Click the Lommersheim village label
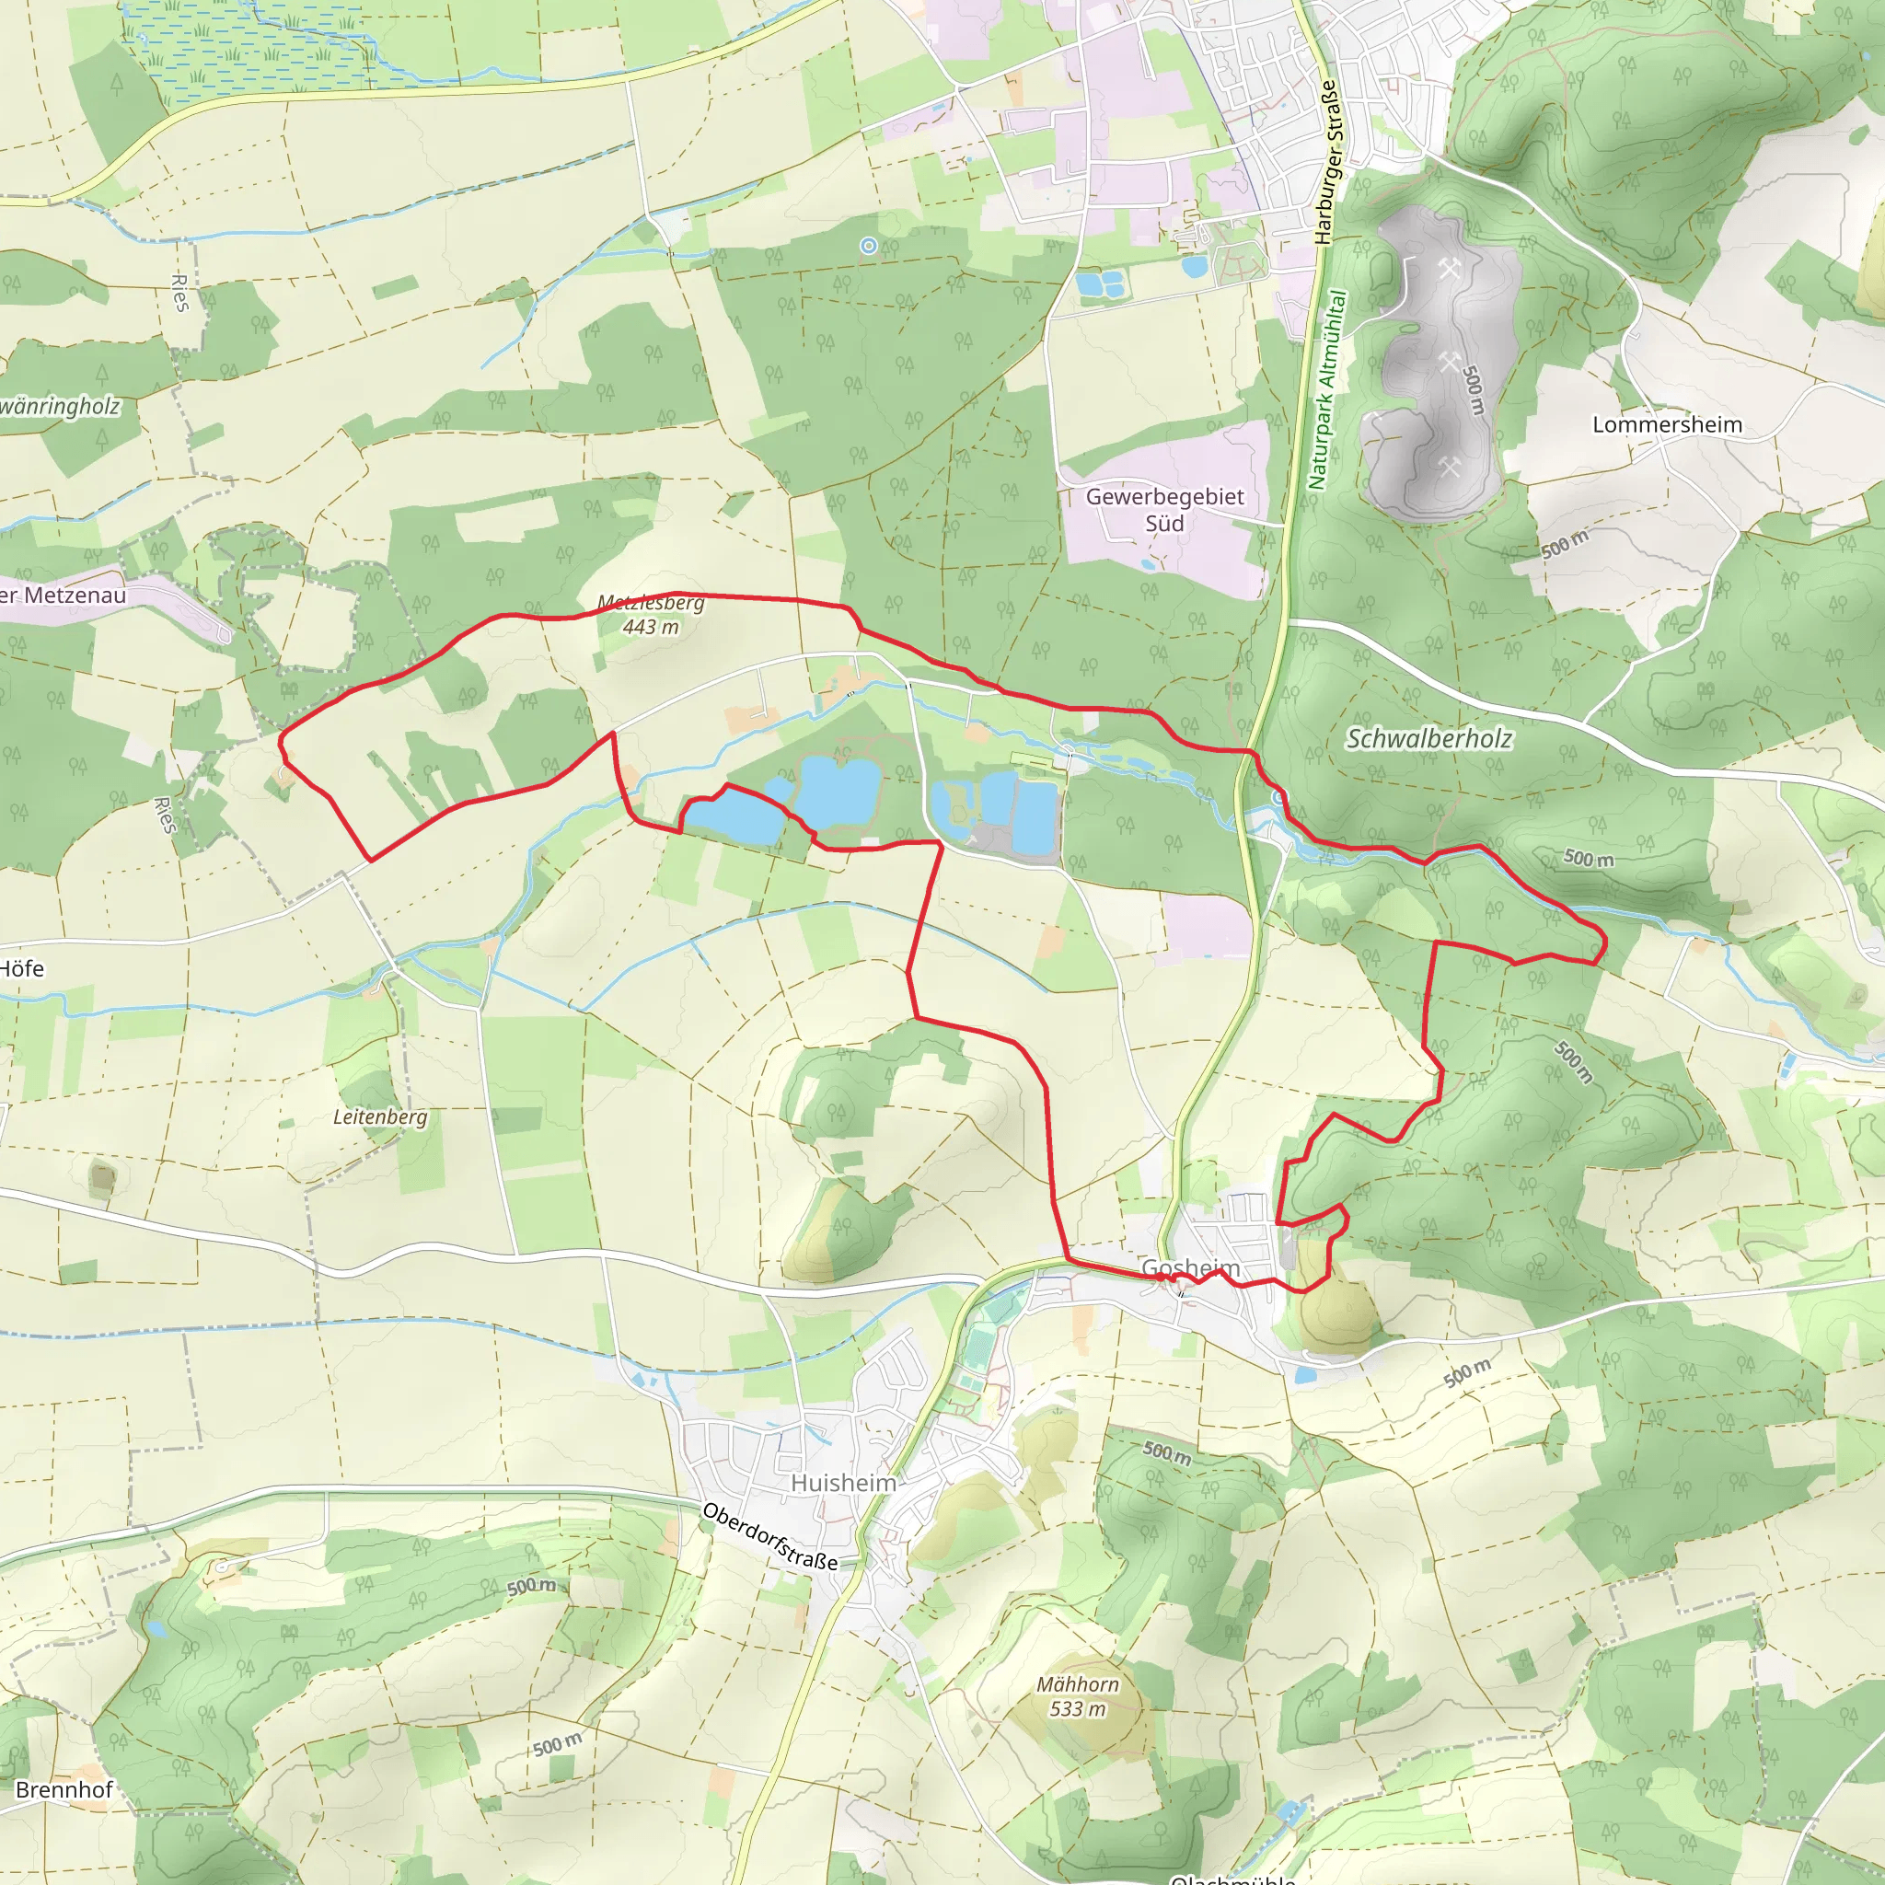pos(1667,424)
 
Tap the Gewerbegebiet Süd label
pos(1164,509)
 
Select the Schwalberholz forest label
pos(1429,738)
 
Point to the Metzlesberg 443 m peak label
pos(651,615)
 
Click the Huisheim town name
pos(843,1483)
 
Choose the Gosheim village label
pos(1190,1268)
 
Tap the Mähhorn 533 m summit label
pos(1077,1695)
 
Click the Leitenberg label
pos(379,1116)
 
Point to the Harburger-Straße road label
pos(1327,161)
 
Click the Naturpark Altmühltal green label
pos(1327,390)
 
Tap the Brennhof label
pos(64,1789)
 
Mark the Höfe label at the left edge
pos(21,968)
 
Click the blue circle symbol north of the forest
pos(868,246)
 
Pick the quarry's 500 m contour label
pos(1474,390)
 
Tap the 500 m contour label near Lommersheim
pos(1565,545)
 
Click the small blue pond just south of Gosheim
pos(1304,1376)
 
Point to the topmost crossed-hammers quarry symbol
pos(1448,269)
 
